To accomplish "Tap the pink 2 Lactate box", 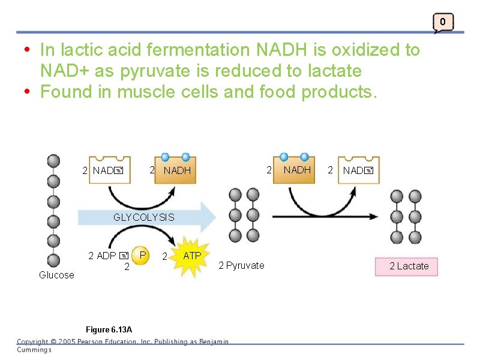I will pos(407,266).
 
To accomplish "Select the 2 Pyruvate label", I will pos(241,265).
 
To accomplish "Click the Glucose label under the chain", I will pos(56,275).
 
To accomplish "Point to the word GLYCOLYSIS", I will pos(144,217).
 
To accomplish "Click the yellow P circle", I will pos(141,255).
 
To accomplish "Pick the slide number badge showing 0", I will pos(442,22).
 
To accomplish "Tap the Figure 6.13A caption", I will pos(109,330).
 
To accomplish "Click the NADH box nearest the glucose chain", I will pos(175,170).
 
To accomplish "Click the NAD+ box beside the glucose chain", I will pos(109,170).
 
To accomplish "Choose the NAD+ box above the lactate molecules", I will pos(358,170).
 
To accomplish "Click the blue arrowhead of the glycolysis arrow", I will pos(208,217).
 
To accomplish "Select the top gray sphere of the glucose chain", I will pos(53,161).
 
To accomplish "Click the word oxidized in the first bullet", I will pos(347,50).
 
